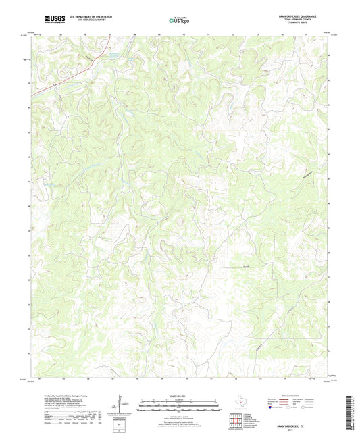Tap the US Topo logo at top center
[x=180, y=20]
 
